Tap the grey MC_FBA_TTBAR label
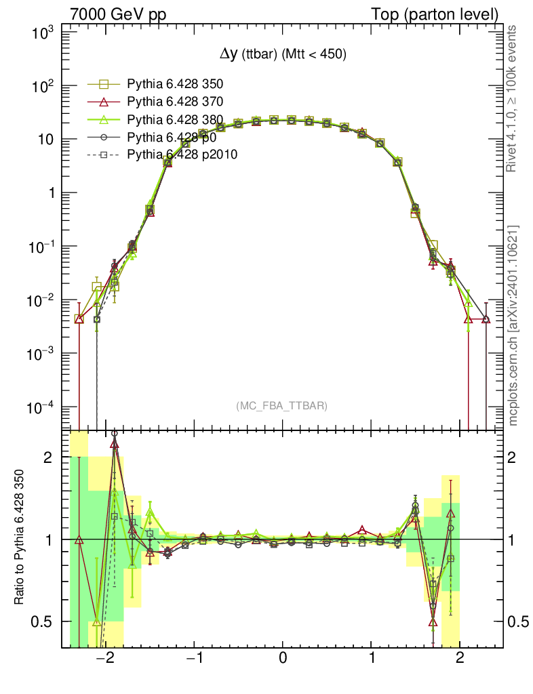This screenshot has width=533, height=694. tap(281, 406)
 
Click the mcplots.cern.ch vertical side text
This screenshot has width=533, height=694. tap(513, 325)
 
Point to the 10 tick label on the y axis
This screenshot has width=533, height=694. tap(49, 140)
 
